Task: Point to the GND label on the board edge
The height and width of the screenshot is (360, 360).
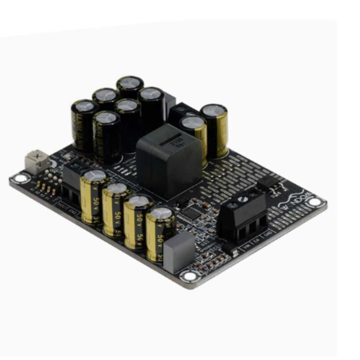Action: coord(268,234)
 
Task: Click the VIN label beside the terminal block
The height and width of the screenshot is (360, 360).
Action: coord(246,247)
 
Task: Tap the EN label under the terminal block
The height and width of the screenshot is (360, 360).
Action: coord(257,240)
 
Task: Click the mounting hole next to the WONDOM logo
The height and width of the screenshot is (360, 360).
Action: coord(315,202)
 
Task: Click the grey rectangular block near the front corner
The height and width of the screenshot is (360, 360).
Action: coord(179,252)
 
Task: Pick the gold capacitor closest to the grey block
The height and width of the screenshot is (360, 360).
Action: coord(161,234)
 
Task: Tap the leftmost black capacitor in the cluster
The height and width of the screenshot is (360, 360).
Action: coord(84,126)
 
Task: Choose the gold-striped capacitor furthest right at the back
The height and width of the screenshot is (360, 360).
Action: coord(214,130)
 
